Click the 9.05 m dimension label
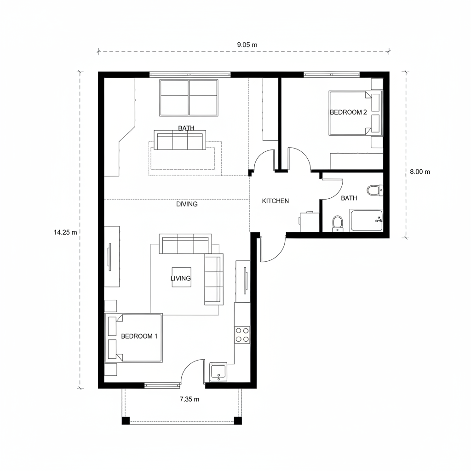click(x=247, y=45)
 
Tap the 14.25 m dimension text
click(x=65, y=232)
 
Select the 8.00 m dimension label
click(x=420, y=172)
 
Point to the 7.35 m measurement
click(x=189, y=399)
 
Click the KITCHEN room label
click(x=275, y=201)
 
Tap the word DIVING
click(x=187, y=204)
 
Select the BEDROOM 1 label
click(x=139, y=336)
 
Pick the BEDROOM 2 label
click(x=348, y=112)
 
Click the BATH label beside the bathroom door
click(x=349, y=198)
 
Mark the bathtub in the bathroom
click(x=367, y=220)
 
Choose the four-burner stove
click(x=242, y=335)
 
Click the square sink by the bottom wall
click(x=218, y=372)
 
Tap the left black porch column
click(x=126, y=420)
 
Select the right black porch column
click(x=238, y=420)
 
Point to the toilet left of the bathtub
click(x=338, y=224)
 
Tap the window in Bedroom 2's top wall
click(x=332, y=74)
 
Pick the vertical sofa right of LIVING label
click(x=213, y=279)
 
